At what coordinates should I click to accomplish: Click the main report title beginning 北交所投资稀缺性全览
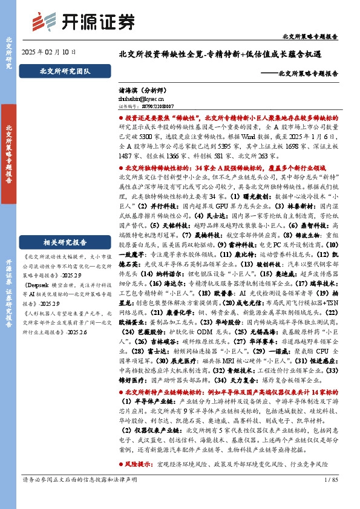(227, 54)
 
